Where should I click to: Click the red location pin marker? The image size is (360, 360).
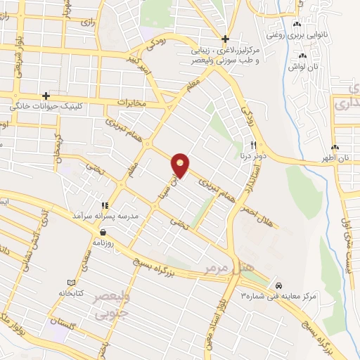click(x=181, y=165)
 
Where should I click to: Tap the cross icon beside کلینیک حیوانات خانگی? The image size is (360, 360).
click(x=46, y=96)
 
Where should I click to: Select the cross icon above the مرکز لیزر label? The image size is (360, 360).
click(x=225, y=39)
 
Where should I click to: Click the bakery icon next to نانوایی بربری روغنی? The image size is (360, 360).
click(x=297, y=25)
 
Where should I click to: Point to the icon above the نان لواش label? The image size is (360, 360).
click(x=304, y=56)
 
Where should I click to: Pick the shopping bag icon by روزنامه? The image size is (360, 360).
click(x=103, y=231)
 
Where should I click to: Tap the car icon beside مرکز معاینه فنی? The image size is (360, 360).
click(x=279, y=285)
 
